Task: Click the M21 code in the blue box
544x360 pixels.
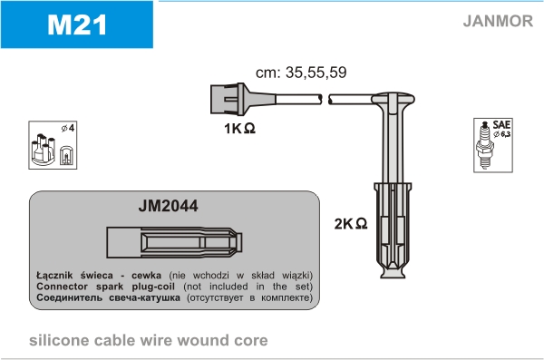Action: pyautogui.click(x=77, y=25)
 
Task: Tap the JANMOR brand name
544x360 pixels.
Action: pyautogui.click(x=498, y=21)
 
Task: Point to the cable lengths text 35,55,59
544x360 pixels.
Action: pyautogui.click(x=316, y=73)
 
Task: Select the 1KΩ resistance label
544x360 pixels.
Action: pyautogui.click(x=239, y=129)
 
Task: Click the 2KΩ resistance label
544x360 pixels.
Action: pyautogui.click(x=351, y=224)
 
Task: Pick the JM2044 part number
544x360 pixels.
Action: pyautogui.click(x=169, y=206)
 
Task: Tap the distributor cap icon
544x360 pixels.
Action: pyautogui.click(x=44, y=150)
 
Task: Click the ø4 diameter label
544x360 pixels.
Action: pyautogui.click(x=68, y=128)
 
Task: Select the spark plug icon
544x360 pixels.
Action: pyautogui.click(x=484, y=146)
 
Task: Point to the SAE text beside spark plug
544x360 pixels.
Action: pyautogui.click(x=501, y=124)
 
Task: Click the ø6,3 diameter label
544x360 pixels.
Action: pyautogui.click(x=502, y=134)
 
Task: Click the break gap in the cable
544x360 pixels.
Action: pyautogui.click(x=325, y=99)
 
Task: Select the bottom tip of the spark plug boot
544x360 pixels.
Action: pyautogui.click(x=393, y=277)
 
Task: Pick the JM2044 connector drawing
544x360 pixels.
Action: pyautogui.click(x=174, y=242)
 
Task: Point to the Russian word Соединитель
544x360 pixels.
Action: pyautogui.click(x=70, y=297)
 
